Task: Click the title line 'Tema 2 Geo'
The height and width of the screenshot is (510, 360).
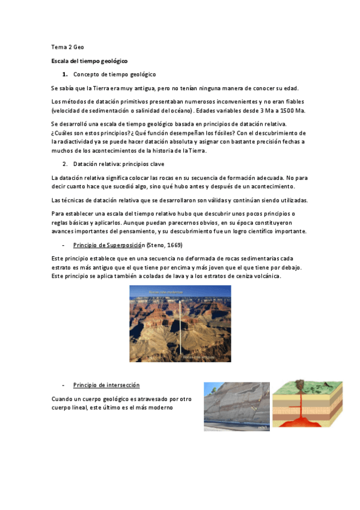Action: [x=67, y=47]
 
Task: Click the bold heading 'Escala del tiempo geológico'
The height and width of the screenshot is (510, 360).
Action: [x=89, y=61]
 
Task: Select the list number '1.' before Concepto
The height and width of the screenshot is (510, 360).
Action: [x=64, y=74]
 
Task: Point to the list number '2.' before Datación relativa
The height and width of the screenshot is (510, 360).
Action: [x=64, y=164]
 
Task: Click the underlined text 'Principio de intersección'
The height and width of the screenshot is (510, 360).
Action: [x=106, y=385]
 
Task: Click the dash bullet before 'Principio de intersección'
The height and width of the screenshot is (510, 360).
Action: [x=63, y=385]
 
